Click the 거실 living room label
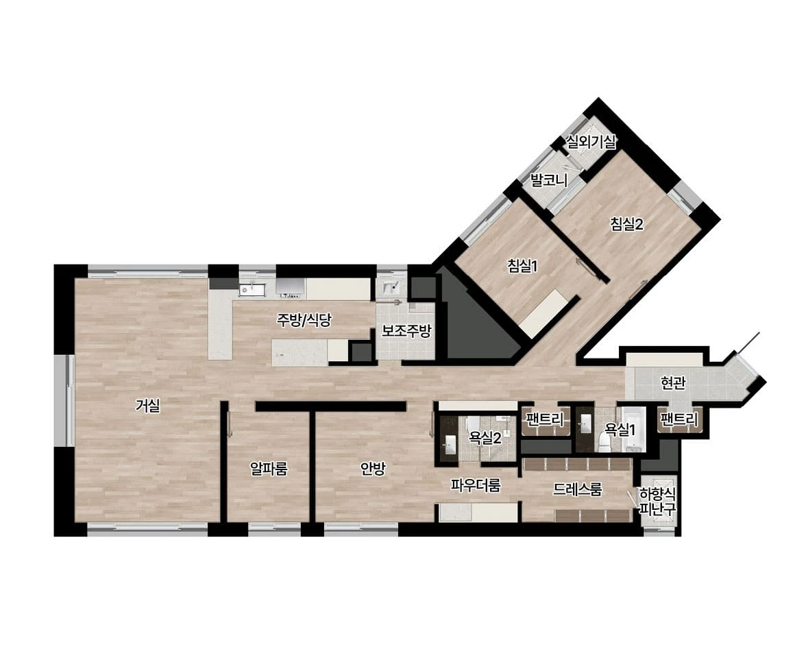pyautogui.click(x=148, y=406)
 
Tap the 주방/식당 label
pyautogui.click(x=304, y=319)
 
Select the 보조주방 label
pyautogui.click(x=406, y=331)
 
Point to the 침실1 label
pyautogui.click(x=522, y=266)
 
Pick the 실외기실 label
pyautogui.click(x=591, y=142)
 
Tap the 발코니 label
pyautogui.click(x=548, y=180)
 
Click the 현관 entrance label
pyautogui.click(x=673, y=383)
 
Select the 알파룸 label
pyautogui.click(x=269, y=469)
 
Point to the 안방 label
pyautogui.click(x=373, y=469)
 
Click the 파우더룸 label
pyautogui.click(x=476, y=485)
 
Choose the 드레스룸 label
pyautogui.click(x=578, y=489)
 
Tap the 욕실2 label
pyautogui.click(x=485, y=437)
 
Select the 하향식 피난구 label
pyautogui.click(x=658, y=501)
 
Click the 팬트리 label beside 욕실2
pyautogui.click(x=545, y=419)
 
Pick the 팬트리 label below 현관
pyautogui.click(x=679, y=419)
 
